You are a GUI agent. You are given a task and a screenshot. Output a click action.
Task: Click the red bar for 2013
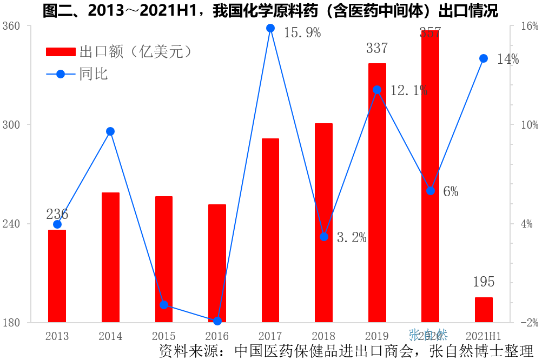pos(57,276)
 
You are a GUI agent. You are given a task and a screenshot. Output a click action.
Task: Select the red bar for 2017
pos(270,230)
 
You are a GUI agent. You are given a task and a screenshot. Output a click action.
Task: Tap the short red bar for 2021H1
pos(484,310)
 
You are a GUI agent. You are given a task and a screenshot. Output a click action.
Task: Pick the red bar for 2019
pos(377,193)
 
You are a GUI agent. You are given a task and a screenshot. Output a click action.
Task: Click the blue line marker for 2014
pos(110,131)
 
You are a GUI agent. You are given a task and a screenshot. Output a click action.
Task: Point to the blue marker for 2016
pos(217,321)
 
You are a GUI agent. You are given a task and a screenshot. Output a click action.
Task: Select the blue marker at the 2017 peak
pos(270,28)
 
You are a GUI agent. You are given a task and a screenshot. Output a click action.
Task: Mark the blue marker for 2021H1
pos(484,58)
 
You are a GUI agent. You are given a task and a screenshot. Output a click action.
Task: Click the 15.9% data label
pos(302,33)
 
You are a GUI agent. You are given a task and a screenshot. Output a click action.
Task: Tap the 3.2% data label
pos(352,237)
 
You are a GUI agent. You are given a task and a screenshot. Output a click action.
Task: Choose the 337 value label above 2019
pos(377,49)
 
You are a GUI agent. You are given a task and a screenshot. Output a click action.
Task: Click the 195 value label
pos(484,282)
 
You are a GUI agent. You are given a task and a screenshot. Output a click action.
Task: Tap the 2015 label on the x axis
pos(164,336)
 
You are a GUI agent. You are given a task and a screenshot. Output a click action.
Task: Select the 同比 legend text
pos(94,74)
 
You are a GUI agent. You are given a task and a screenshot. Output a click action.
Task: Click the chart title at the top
pos(270,11)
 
